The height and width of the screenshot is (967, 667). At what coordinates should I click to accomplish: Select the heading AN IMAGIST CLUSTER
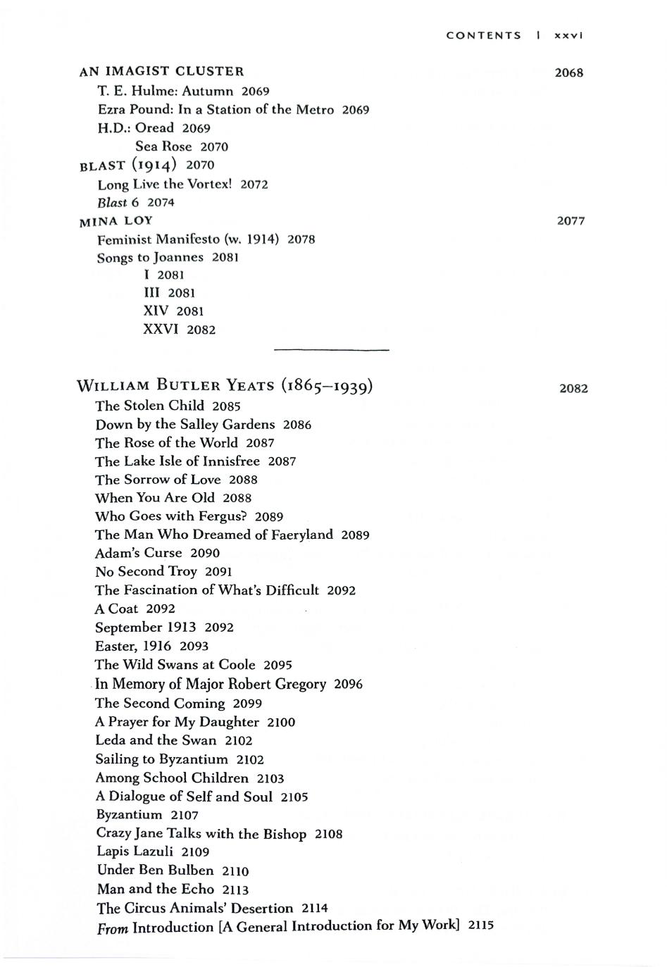coord(161,71)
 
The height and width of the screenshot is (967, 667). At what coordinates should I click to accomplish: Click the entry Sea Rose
coord(163,146)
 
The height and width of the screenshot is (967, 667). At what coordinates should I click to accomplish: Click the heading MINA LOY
coord(116,220)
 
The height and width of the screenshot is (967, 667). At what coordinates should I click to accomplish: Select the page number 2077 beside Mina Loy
coord(571,221)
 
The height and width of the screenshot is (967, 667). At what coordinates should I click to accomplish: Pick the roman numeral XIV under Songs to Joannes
coord(156,311)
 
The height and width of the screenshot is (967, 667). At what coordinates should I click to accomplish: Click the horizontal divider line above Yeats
coord(330,349)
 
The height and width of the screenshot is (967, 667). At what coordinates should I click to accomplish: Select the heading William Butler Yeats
coord(225,386)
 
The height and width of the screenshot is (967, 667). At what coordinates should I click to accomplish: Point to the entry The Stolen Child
coord(149,406)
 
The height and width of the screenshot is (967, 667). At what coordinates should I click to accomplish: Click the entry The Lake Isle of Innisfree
coord(177,461)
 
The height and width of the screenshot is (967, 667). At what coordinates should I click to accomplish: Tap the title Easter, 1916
coord(133,646)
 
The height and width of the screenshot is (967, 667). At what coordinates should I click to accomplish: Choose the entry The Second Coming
coord(160,703)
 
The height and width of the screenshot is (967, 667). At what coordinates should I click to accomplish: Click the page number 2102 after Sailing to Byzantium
coord(250,760)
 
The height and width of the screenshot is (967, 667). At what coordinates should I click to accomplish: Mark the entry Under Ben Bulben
coord(155,870)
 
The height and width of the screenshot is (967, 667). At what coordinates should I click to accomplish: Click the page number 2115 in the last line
coord(480,925)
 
